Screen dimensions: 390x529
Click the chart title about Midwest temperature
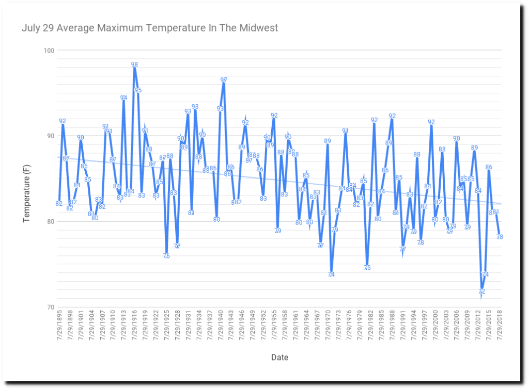(x=150, y=27)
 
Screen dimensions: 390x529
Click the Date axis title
(x=279, y=357)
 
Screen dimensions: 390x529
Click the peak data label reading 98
(x=134, y=65)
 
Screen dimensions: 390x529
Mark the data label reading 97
(x=224, y=80)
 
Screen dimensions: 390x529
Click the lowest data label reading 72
(x=481, y=291)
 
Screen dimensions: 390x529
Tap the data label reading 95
(x=138, y=90)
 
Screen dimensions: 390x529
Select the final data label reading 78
(x=500, y=237)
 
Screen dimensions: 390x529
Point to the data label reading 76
(x=166, y=256)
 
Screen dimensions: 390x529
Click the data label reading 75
(x=367, y=268)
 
